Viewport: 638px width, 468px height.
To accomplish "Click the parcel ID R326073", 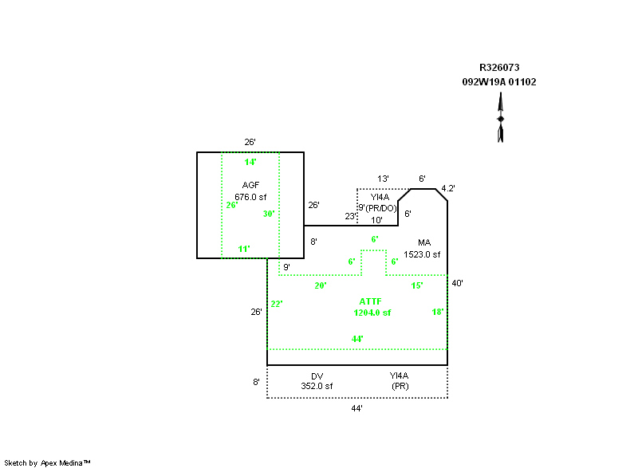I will [x=499, y=69].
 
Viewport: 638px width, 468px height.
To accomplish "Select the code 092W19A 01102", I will [x=499, y=81].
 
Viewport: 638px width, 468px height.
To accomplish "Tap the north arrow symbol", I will [x=501, y=118].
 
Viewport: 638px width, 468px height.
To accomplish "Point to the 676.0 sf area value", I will [x=250, y=196].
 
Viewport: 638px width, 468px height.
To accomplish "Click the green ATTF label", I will [x=370, y=301].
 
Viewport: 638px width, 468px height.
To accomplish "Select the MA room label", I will [x=424, y=242].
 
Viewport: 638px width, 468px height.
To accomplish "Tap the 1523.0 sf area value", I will [x=422, y=254].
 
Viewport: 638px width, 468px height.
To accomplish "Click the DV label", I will [x=317, y=376].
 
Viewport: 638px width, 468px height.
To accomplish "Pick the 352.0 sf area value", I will [x=317, y=386].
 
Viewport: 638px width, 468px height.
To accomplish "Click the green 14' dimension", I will [x=250, y=163].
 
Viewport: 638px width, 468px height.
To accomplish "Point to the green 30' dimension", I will [x=269, y=214].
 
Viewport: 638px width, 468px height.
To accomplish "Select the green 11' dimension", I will [x=244, y=249].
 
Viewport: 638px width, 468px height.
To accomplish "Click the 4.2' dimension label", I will [x=448, y=189].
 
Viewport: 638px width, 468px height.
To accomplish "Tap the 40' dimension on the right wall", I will [x=457, y=283].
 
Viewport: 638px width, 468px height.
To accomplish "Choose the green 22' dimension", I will [x=277, y=304].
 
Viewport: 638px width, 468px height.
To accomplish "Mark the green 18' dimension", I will [x=438, y=312].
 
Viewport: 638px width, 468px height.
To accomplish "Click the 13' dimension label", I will [x=384, y=179].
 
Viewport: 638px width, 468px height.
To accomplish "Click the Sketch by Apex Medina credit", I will [x=47, y=462].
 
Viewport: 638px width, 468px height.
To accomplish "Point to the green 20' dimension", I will [x=321, y=285].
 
